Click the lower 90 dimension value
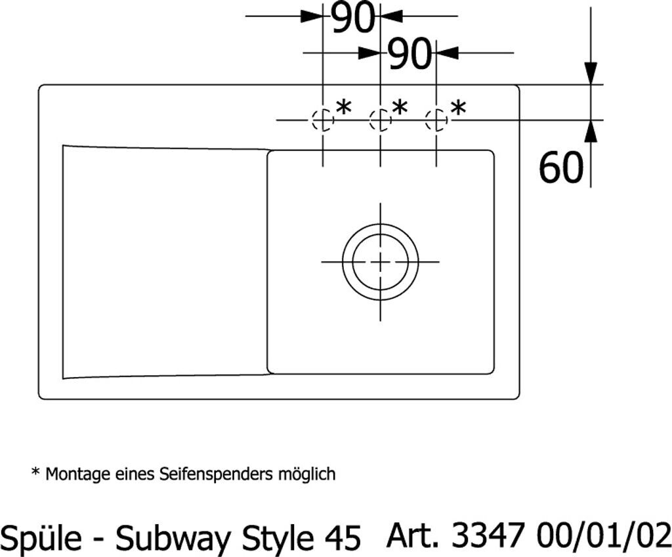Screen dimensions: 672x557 click(x=409, y=54)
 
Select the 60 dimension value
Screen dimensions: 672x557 click(x=561, y=167)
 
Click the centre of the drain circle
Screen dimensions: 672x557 click(x=380, y=262)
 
